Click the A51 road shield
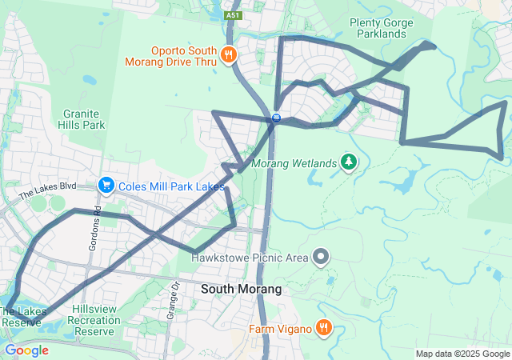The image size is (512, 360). [232, 15]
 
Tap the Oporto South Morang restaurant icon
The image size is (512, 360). [229, 54]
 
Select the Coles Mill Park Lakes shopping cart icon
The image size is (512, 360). [106, 186]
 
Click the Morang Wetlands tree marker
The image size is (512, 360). [349, 162]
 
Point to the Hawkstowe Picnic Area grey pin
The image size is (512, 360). [321, 257]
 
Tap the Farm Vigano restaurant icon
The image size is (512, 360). [323, 327]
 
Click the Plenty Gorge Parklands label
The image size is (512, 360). [378, 28]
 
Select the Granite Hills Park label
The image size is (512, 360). [82, 119]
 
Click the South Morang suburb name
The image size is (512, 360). [241, 289]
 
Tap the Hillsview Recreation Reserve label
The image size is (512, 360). [95, 319]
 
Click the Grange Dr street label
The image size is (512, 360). [172, 300]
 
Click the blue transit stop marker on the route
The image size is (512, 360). [276, 118]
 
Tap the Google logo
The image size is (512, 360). [27, 350]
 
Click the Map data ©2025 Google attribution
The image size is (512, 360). [462, 354]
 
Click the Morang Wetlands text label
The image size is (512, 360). [294, 163]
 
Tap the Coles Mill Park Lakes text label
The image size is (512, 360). [170, 186]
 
